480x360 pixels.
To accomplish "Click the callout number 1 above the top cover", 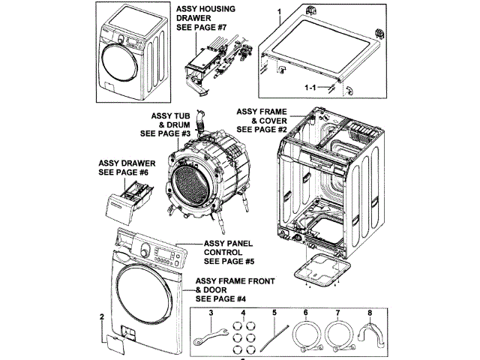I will (x=280, y=13).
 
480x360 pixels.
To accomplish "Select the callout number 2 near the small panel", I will (x=101, y=317).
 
